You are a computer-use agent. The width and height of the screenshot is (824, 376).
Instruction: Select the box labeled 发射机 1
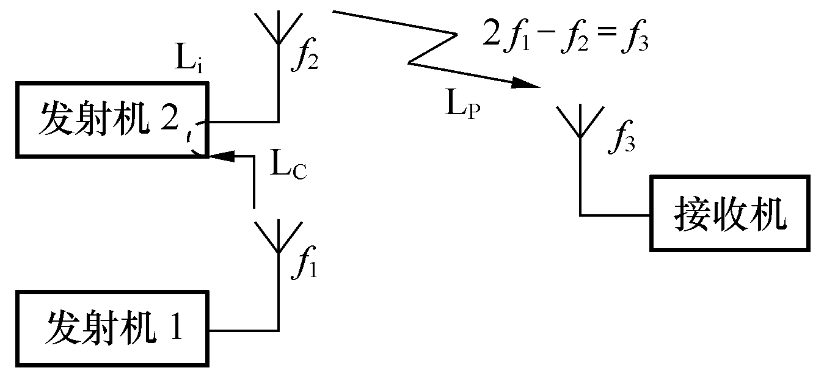coord(113,330)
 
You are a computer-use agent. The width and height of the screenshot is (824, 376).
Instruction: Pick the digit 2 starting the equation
coord(490,36)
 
